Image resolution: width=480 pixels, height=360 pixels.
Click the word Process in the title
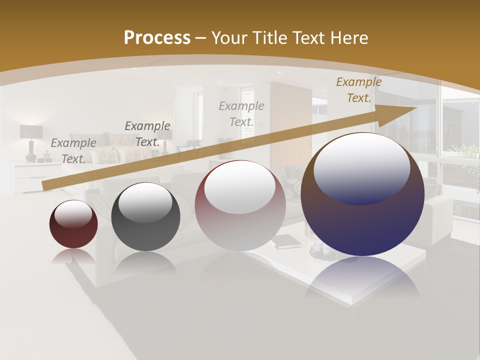click(x=157, y=38)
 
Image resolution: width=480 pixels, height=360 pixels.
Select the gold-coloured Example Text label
click(x=358, y=90)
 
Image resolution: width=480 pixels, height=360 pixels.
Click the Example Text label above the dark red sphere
click(x=73, y=151)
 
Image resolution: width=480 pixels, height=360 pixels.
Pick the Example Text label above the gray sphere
click(x=147, y=134)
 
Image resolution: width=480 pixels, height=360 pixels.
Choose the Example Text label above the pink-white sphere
click(x=241, y=114)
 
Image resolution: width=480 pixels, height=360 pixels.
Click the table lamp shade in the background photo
click(x=31, y=132)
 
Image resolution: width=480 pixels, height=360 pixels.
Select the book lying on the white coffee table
click(x=287, y=241)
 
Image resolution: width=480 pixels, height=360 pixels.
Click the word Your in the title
click(x=229, y=38)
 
